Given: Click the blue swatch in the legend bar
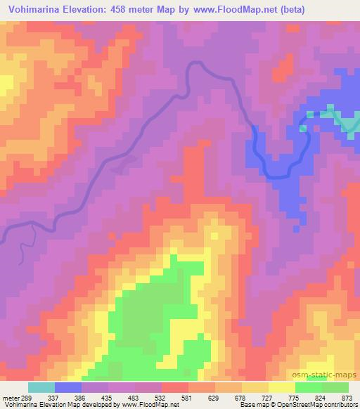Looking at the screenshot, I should point(67,387).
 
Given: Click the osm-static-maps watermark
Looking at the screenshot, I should point(326,375).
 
